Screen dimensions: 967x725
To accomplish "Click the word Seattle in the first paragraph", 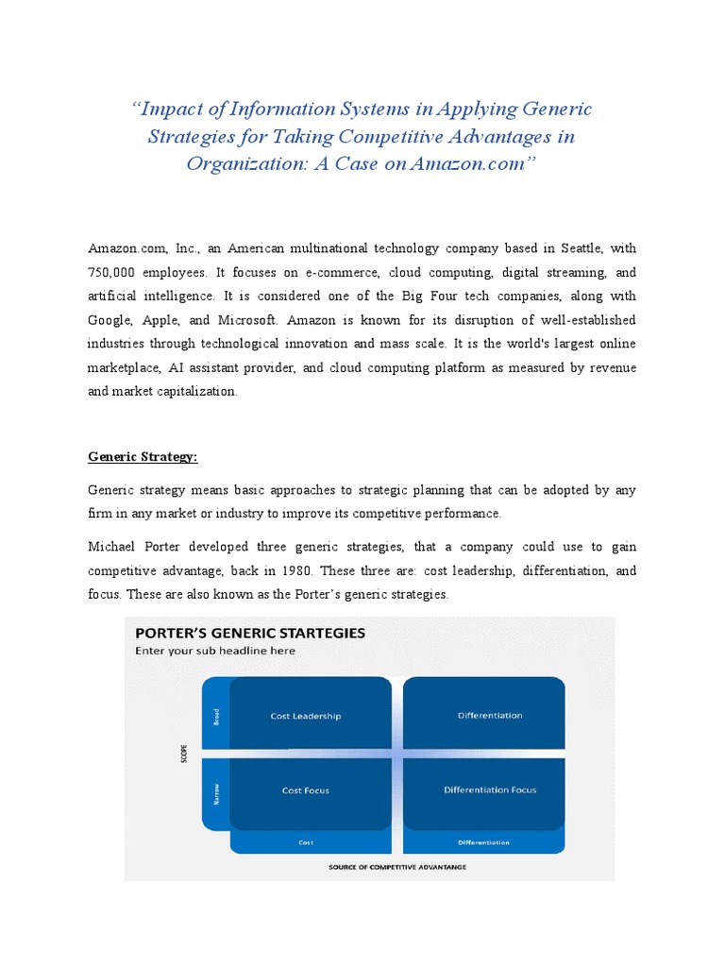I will click(579, 248).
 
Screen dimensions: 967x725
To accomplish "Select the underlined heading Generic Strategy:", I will click(143, 456).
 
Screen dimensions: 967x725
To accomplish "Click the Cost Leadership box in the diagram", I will click(306, 716).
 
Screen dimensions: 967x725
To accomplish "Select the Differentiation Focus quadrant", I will click(490, 789).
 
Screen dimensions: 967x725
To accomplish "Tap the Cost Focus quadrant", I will click(306, 789).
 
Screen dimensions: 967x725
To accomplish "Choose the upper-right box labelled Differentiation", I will click(490, 716).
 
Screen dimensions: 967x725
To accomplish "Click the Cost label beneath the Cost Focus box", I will click(306, 841).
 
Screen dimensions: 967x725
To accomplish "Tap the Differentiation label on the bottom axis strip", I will click(484, 841).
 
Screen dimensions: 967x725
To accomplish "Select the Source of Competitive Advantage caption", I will click(396, 866).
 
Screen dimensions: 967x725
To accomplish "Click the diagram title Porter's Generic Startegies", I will click(250, 634).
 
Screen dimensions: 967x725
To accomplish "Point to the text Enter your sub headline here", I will click(215, 651).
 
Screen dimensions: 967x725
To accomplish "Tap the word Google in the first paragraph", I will click(111, 319).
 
